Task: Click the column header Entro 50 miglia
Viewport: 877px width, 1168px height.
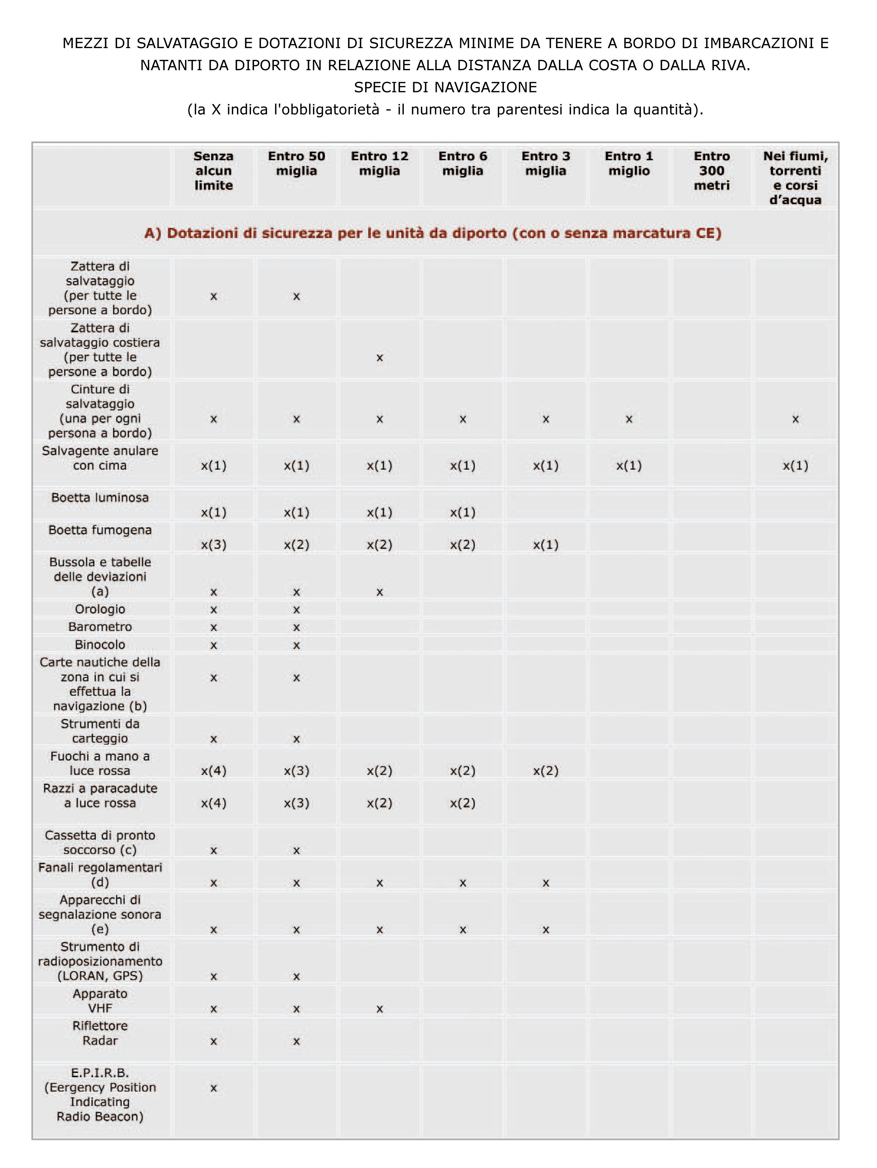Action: pyautogui.click(x=297, y=164)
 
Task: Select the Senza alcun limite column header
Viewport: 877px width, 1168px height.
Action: pyautogui.click(x=213, y=170)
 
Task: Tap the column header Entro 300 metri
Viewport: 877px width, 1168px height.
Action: pyautogui.click(x=712, y=170)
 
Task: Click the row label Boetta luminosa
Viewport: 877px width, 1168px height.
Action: pyautogui.click(x=100, y=497)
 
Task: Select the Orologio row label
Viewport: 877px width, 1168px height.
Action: pyautogui.click(x=100, y=609)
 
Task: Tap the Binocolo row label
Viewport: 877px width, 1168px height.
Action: pyautogui.click(x=100, y=645)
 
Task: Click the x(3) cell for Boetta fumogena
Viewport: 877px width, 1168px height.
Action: pyautogui.click(x=213, y=545)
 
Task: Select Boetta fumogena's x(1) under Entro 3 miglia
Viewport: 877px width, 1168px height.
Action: pyautogui.click(x=546, y=545)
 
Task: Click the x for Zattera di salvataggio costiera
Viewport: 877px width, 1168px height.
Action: pyautogui.click(x=379, y=358)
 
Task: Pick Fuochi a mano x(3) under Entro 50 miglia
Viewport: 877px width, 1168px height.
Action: pyautogui.click(x=297, y=771)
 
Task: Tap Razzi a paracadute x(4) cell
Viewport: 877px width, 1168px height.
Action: pyautogui.click(x=213, y=803)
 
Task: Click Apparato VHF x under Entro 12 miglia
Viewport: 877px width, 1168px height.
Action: pyautogui.click(x=379, y=1009)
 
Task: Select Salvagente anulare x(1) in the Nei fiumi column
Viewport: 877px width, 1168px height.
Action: pyautogui.click(x=795, y=466)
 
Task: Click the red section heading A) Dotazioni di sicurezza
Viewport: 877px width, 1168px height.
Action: pyautogui.click(x=433, y=233)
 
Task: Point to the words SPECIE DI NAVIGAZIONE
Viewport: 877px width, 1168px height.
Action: pyautogui.click(x=446, y=87)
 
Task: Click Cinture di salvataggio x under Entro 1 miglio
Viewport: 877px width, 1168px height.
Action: pyautogui.click(x=629, y=419)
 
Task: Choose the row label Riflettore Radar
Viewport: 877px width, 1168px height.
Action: pyautogui.click(x=100, y=1034)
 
